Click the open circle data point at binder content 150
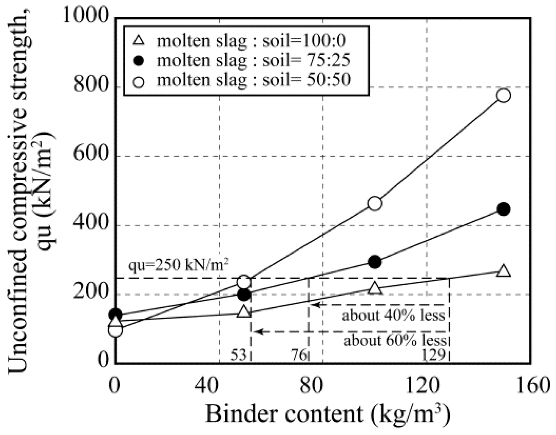coord(503,95)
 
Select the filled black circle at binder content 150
coord(503,209)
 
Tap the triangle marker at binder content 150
coord(503,271)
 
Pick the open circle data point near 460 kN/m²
coord(375,203)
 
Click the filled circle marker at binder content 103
coord(374,262)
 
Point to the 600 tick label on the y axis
coord(91,155)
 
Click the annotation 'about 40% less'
coord(393,315)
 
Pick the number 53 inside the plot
coord(238,355)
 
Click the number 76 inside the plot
coord(299,355)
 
